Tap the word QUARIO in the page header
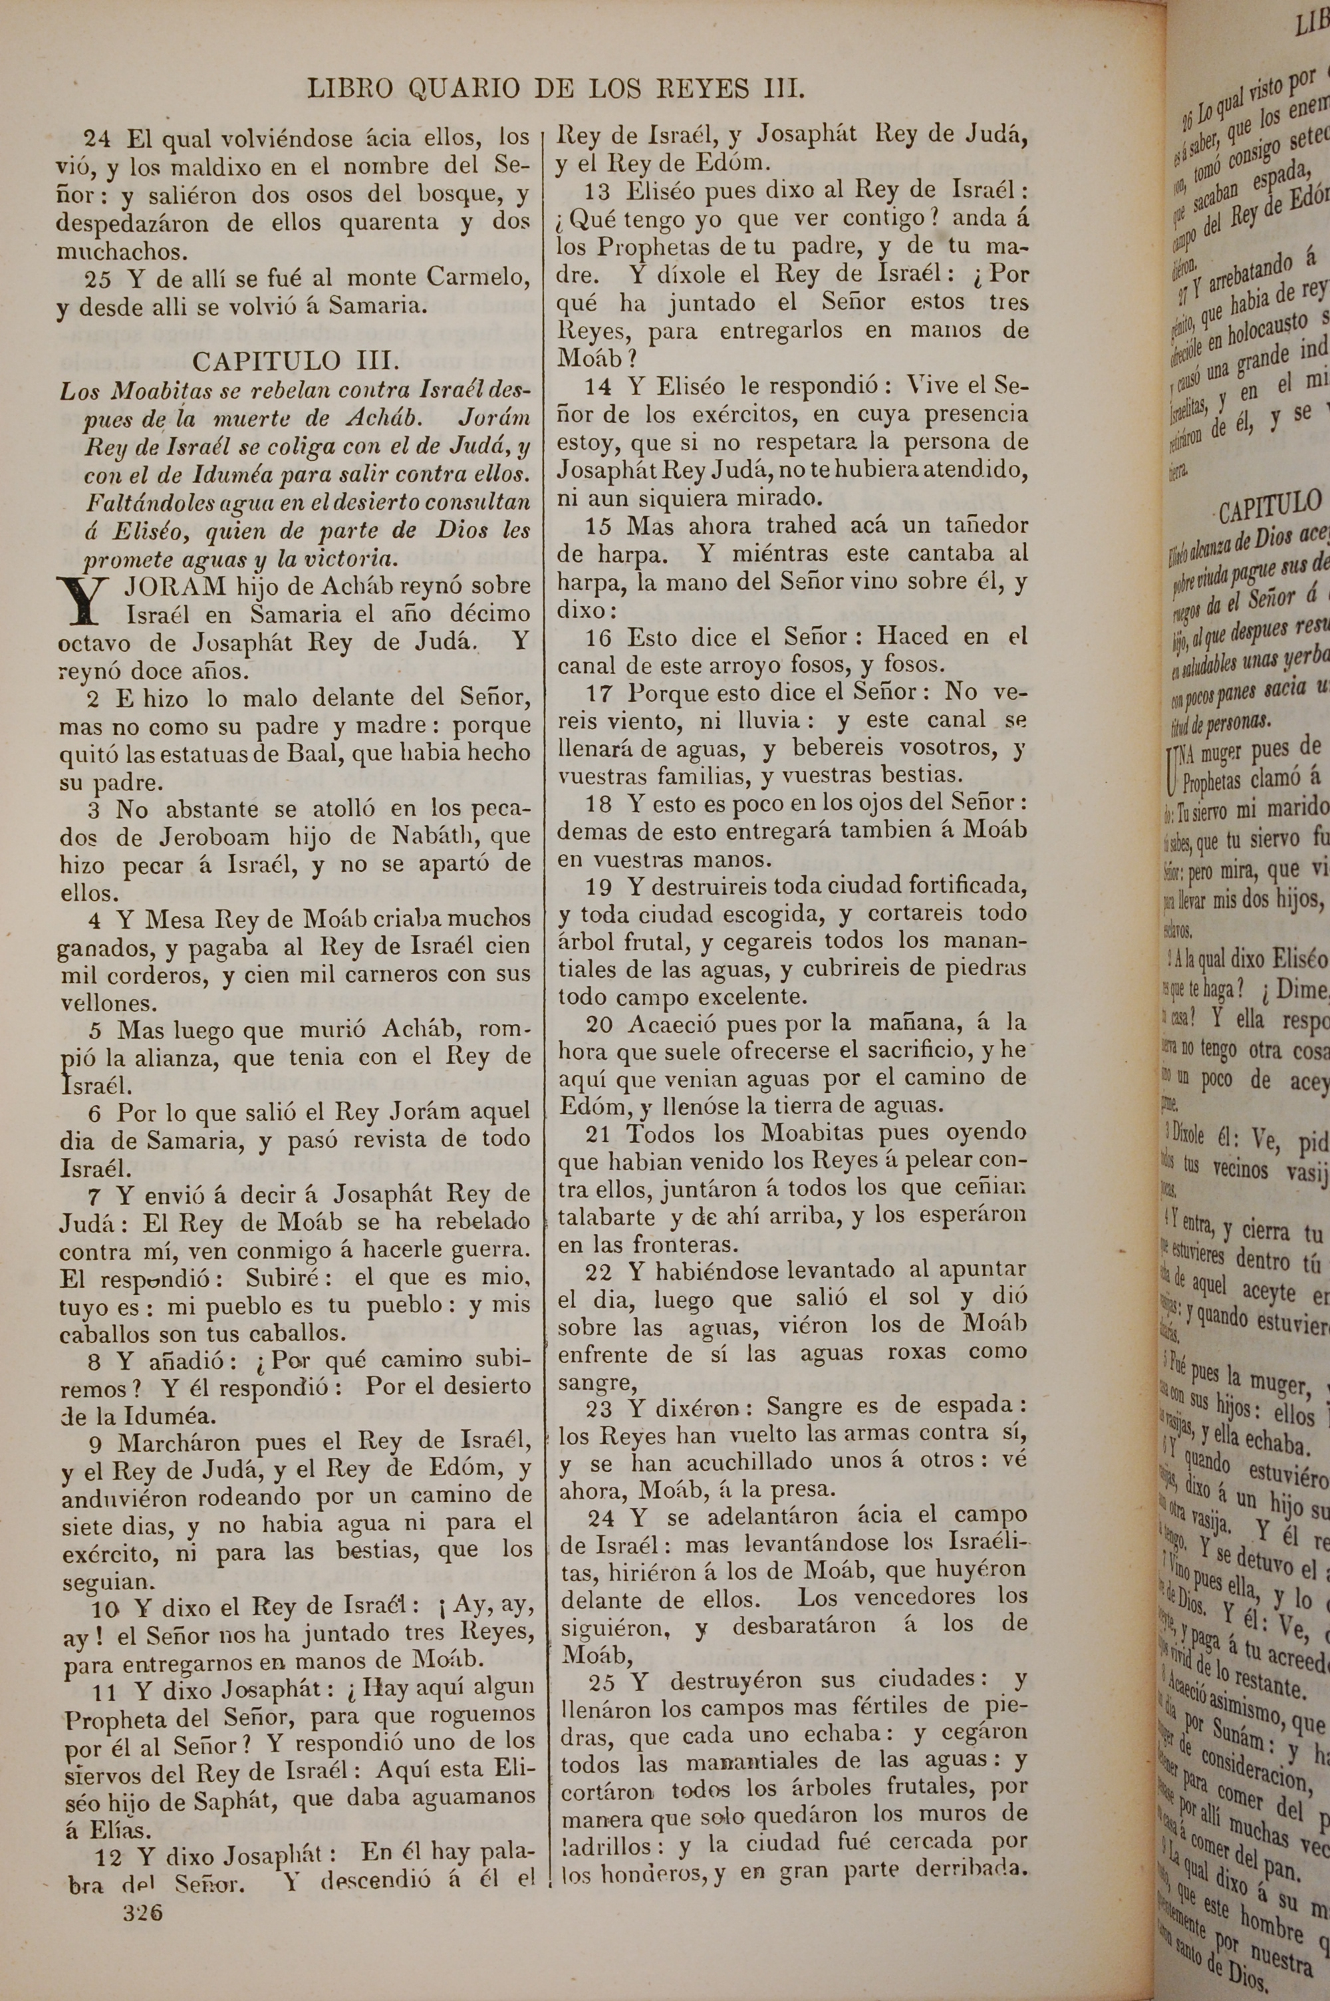pos(462,89)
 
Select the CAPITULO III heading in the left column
pos(295,361)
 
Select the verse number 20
pos(600,1024)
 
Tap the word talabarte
pos(606,1217)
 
